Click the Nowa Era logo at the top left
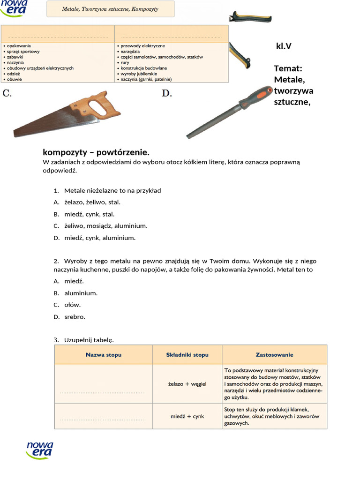point(15,8)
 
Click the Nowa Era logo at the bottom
point(40,450)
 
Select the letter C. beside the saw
point(7,93)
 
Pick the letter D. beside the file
point(167,93)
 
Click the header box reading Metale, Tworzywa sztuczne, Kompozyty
point(111,9)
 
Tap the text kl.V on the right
point(284,46)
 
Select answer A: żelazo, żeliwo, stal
point(92,202)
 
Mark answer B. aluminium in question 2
point(81,293)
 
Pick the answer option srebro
point(75,316)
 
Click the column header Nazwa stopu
point(103,355)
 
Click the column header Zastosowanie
point(274,355)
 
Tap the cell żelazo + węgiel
point(187,384)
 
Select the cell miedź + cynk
point(187,416)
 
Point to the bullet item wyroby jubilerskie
point(139,74)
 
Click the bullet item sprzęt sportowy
point(23,52)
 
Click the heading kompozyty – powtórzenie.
point(96,152)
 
